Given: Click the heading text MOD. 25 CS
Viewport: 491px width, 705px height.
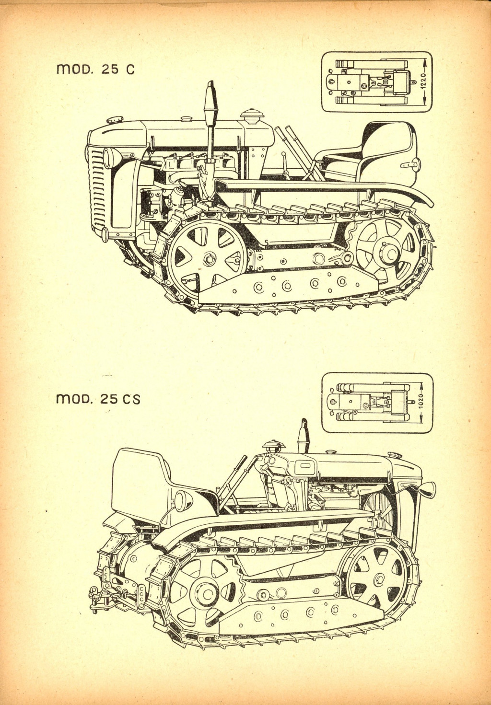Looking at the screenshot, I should coord(98,399).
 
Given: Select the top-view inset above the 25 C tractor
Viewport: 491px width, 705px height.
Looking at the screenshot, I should coord(376,82).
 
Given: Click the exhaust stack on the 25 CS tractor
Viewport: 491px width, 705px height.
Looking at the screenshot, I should coord(303,436).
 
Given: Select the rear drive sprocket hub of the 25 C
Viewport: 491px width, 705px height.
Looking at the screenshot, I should coord(387,253).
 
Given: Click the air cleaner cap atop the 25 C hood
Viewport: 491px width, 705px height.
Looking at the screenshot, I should coord(250,116).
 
